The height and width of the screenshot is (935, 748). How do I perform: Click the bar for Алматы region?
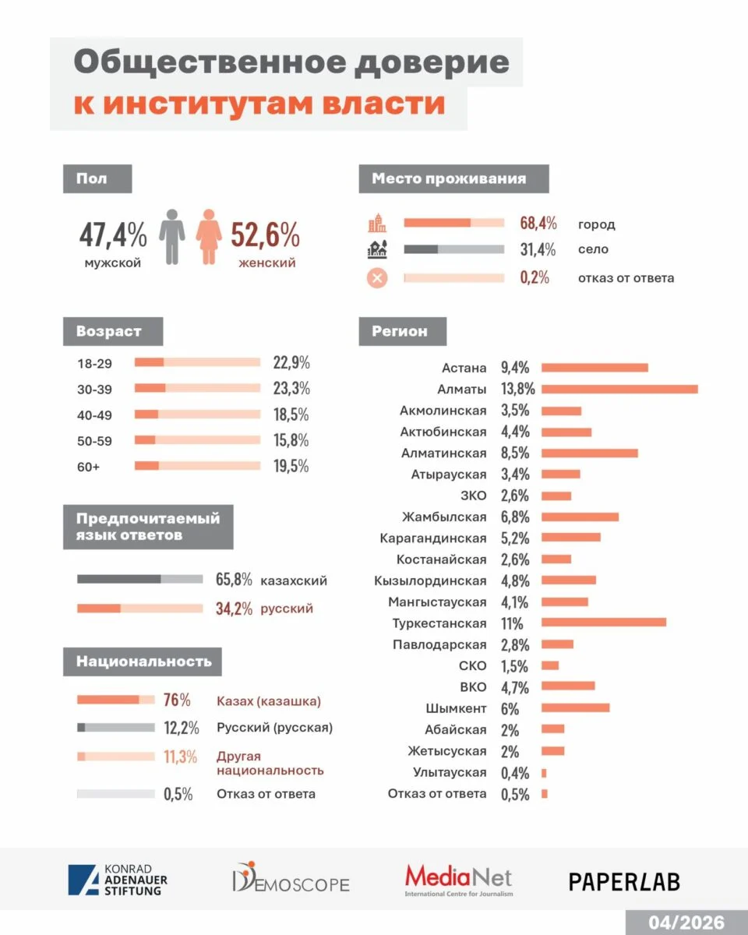coord(619,389)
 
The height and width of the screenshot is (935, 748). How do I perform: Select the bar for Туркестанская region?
coord(604,623)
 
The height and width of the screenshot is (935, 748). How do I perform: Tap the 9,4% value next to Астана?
coord(515,368)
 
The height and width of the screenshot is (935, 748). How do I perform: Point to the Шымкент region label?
coord(456,708)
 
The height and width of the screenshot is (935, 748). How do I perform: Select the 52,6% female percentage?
coord(265,235)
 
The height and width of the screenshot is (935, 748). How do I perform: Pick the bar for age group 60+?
coord(197,466)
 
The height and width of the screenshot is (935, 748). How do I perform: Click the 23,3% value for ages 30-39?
coord(291,388)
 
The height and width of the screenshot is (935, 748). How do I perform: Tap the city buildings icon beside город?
coord(377,224)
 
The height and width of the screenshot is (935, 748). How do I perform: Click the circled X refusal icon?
coord(377,277)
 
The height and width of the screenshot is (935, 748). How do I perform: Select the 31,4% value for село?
coord(538,250)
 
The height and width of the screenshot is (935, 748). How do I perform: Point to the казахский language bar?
coord(140,580)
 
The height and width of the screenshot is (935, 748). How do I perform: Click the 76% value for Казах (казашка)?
coord(177,700)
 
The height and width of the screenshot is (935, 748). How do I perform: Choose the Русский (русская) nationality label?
coord(274,728)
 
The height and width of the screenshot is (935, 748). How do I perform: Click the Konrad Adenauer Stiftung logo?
coord(118,880)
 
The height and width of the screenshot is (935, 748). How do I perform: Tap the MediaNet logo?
coord(458,880)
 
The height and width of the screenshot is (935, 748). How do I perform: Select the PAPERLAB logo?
coord(623,881)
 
